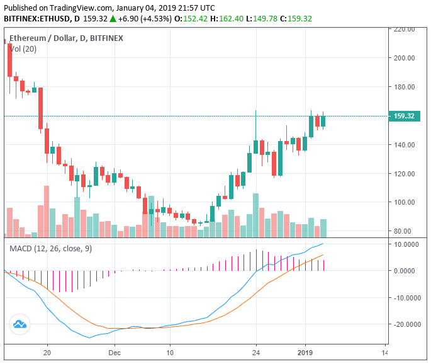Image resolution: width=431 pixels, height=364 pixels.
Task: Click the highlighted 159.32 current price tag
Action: coord(403,117)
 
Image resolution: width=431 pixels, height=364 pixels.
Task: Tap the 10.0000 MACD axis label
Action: coord(405,244)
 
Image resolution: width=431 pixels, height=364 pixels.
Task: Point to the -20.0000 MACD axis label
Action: coord(404,324)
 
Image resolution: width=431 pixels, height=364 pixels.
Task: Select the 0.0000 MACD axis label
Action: coord(406,271)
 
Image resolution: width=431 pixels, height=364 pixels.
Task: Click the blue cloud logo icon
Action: coord(20,324)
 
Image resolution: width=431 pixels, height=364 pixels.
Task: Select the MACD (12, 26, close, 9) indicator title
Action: coord(50,249)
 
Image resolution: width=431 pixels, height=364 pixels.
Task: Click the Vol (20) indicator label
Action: coord(22,48)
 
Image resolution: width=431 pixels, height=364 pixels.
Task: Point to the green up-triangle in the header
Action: coord(113,19)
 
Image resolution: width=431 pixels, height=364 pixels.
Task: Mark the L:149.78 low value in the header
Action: coord(265,19)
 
